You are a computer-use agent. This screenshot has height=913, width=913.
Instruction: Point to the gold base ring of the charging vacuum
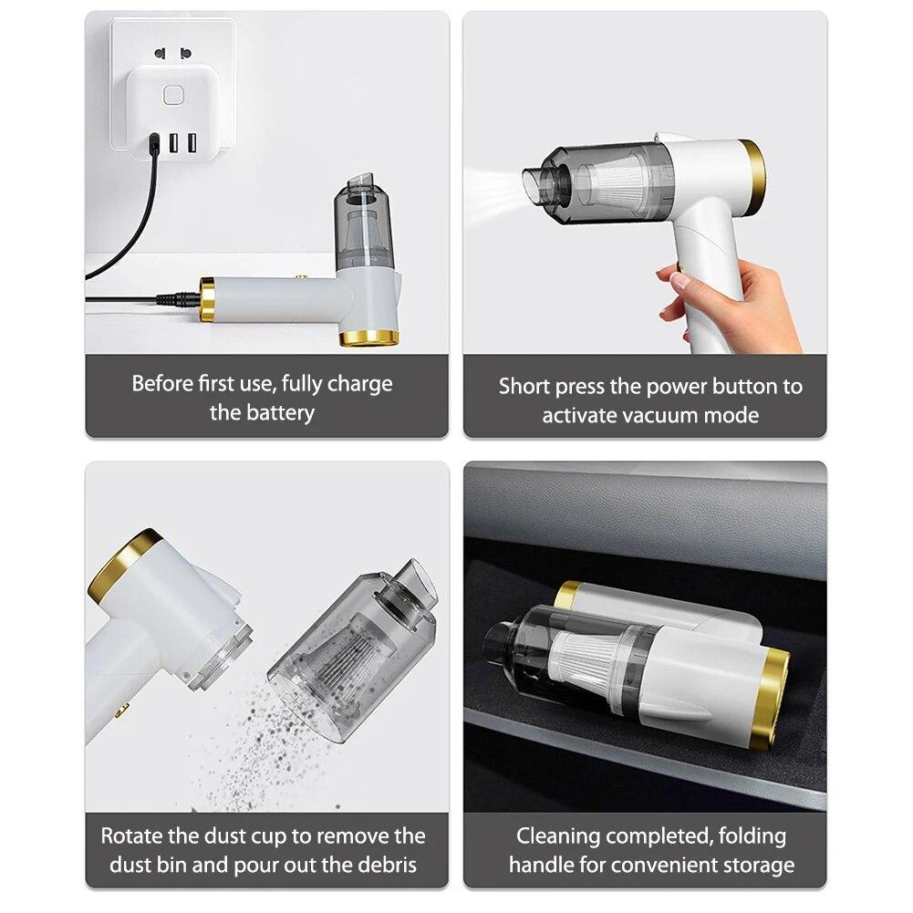click(x=368, y=337)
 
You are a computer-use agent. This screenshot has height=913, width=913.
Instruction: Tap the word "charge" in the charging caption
click(x=359, y=383)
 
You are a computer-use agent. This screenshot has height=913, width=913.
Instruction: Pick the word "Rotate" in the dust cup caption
click(x=131, y=835)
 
